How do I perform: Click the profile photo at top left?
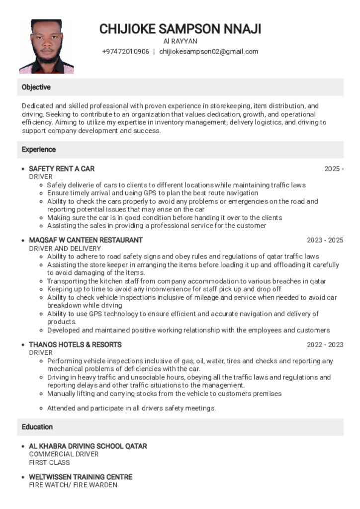(x=46, y=47)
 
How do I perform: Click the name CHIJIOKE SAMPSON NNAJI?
(x=180, y=29)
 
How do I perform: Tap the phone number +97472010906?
(x=125, y=52)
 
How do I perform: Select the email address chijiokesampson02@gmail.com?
(x=208, y=52)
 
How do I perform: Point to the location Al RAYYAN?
(x=180, y=41)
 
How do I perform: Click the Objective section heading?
(x=36, y=87)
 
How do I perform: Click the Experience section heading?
(x=39, y=150)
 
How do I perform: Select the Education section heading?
(x=37, y=427)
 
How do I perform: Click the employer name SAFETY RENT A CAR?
(x=62, y=169)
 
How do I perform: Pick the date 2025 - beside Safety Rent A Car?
(x=334, y=169)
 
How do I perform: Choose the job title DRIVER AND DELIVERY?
(x=65, y=249)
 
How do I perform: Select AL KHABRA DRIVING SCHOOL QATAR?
(x=88, y=446)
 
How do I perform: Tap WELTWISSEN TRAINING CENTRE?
(x=81, y=477)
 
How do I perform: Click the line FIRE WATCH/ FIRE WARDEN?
(x=73, y=485)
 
